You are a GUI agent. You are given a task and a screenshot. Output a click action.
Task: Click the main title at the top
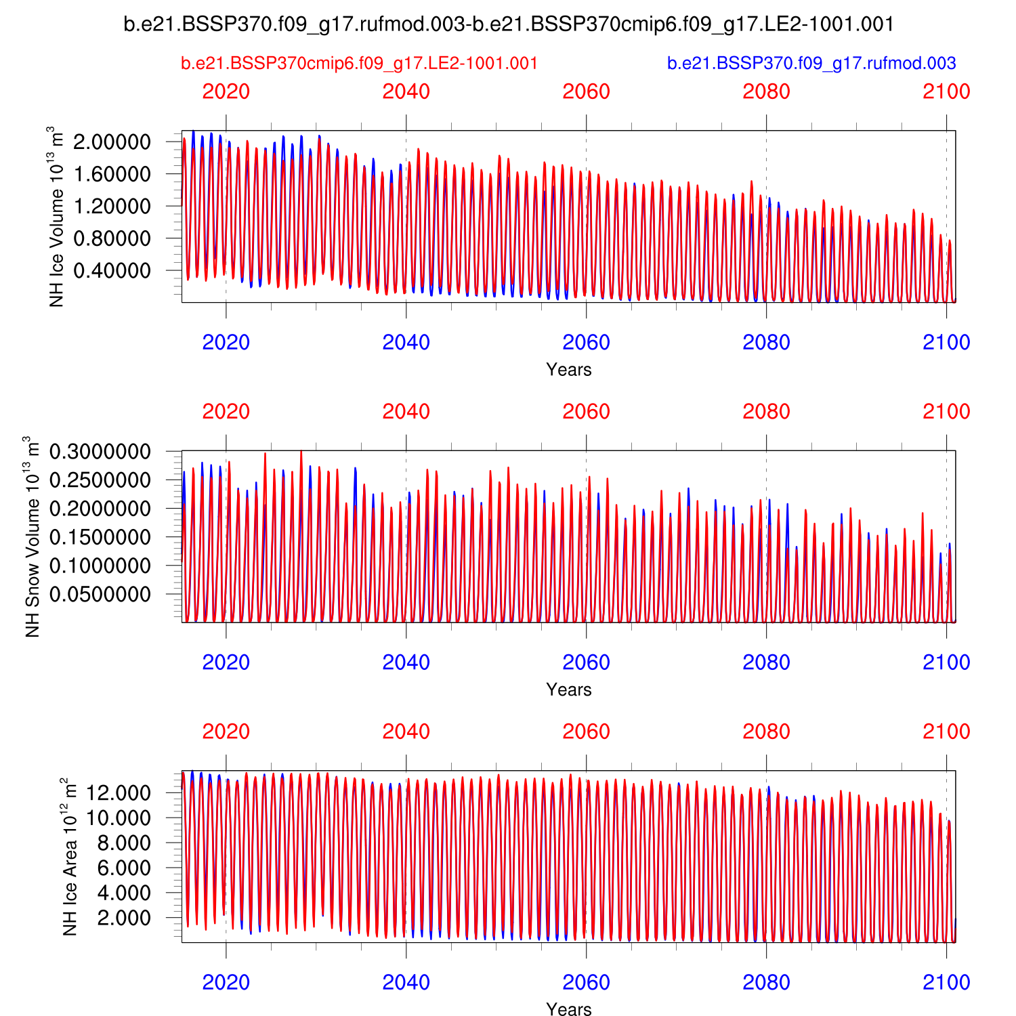click(x=509, y=24)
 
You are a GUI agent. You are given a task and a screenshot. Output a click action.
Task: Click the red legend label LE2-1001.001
click(x=359, y=64)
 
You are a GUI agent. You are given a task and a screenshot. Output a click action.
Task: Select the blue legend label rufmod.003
click(x=811, y=64)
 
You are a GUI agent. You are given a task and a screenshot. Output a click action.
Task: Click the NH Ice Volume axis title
click(x=57, y=217)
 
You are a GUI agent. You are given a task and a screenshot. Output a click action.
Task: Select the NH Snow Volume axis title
click(x=33, y=536)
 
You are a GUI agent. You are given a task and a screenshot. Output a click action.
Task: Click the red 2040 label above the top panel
click(x=406, y=92)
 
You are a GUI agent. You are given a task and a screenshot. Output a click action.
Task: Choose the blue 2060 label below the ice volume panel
click(x=586, y=343)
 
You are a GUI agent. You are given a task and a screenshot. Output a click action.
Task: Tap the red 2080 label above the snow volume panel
click(x=766, y=412)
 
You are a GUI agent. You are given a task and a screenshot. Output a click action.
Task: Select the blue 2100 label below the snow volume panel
click(x=946, y=662)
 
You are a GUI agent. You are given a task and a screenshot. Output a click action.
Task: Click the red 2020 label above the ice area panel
click(x=226, y=732)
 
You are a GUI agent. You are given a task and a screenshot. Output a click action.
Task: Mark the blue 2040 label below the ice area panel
click(x=406, y=982)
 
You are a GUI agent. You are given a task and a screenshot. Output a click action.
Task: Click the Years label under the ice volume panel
click(x=569, y=370)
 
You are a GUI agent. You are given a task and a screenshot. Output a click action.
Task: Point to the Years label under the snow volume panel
click(x=569, y=690)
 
